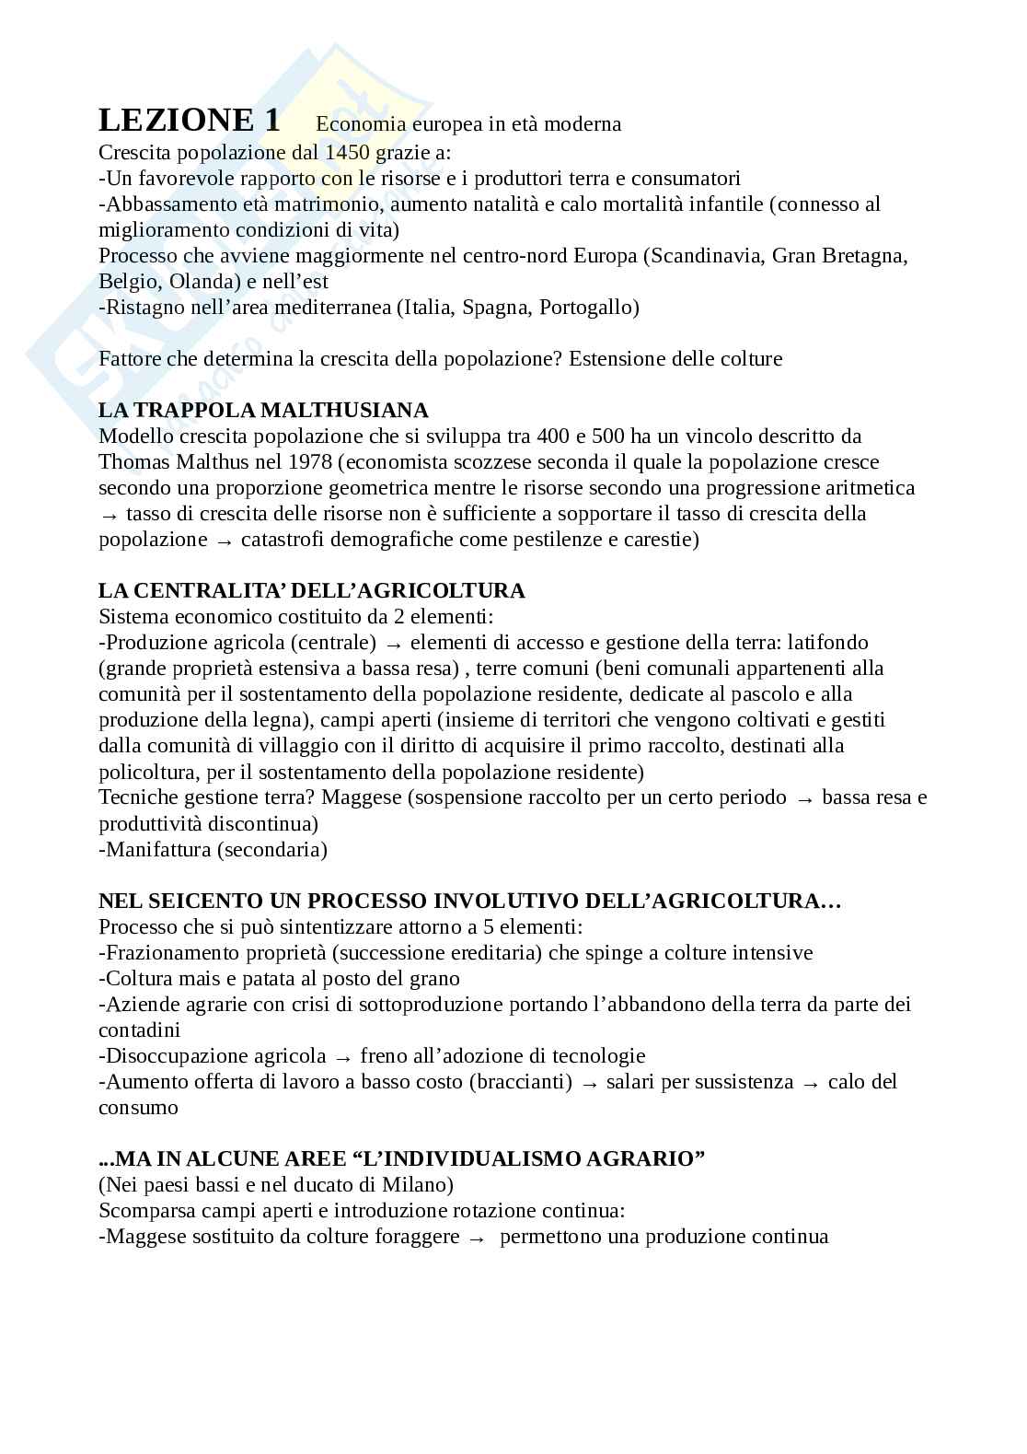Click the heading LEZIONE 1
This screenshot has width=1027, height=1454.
[189, 121]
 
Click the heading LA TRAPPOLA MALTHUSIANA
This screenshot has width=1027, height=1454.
[263, 410]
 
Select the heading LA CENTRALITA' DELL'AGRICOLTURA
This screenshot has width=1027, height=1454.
[312, 590]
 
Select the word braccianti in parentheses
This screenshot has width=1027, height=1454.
[520, 1081]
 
